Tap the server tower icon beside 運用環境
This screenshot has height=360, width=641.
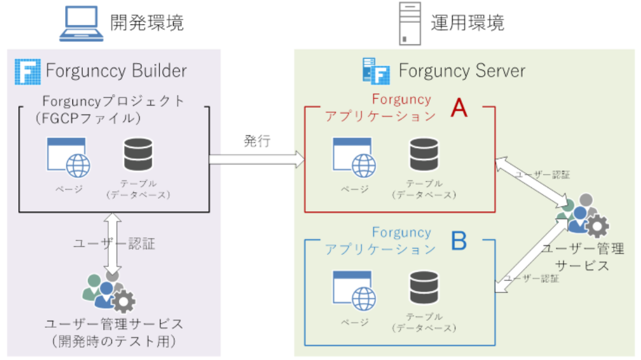tap(410, 23)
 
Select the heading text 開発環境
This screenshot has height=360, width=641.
tap(147, 23)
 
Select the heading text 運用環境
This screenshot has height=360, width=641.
tap(468, 23)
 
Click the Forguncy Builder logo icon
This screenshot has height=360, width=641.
tap(27, 71)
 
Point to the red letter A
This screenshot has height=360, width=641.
tap(458, 109)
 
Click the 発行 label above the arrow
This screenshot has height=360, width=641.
tap(257, 141)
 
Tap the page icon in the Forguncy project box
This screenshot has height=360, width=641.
tap(68, 156)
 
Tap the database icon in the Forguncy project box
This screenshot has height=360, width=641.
tap(138, 154)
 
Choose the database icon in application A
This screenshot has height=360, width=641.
tap(424, 154)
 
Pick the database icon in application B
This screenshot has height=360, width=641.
tap(424, 287)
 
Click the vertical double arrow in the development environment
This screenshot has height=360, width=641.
tap(113, 244)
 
